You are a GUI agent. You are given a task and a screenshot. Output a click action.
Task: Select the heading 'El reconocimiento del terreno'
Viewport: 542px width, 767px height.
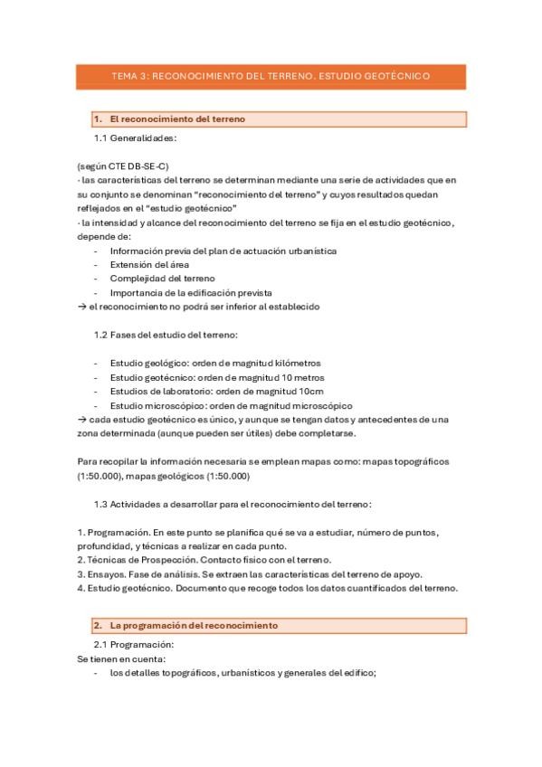[x=176, y=119]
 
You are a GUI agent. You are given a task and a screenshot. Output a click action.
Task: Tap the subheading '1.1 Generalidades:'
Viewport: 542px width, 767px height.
[x=135, y=138]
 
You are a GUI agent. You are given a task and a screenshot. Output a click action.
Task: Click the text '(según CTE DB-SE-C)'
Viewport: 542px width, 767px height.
[x=123, y=166]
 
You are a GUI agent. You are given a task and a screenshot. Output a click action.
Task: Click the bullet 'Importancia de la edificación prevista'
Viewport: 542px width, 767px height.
[x=190, y=293]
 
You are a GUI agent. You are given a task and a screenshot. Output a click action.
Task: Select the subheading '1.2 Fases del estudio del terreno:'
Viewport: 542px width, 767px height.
[x=166, y=336]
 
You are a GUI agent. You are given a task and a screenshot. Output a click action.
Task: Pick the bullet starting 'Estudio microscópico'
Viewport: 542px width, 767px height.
[x=231, y=406]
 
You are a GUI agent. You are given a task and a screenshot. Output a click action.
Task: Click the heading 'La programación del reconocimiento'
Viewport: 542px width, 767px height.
[x=194, y=626]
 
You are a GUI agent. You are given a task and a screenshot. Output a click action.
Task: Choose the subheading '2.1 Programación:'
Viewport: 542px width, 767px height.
[x=134, y=645]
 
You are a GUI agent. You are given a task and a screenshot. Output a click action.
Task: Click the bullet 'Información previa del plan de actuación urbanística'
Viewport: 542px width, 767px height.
[x=223, y=251]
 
